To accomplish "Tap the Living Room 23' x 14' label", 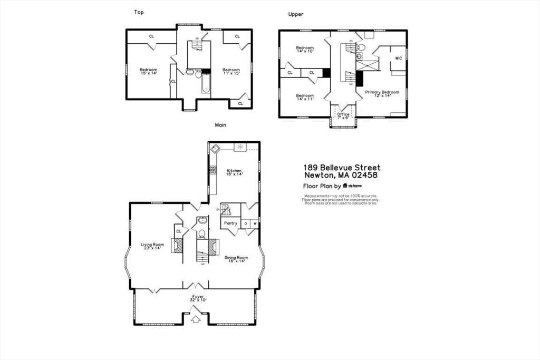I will pos(152,246).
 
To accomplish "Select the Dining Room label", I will pos(236,259).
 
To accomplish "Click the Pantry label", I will pos(230,223).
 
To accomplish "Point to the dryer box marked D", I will pos(245,223).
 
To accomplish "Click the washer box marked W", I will pos(255,223).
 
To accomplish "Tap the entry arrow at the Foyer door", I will pos(196,318).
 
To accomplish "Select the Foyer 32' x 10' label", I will pos(198,298).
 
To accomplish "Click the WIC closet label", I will pos(398,58).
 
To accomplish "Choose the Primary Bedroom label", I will pos(382,94).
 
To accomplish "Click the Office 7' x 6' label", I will pos(343,116).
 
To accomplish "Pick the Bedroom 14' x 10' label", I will pos(305,50).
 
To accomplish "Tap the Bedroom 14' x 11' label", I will pos(305,98).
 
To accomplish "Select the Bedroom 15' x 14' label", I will pos(148,72).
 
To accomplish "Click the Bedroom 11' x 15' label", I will pos(231,72).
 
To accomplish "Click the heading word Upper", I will pos(295,14).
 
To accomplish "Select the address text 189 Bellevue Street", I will pos(341,168).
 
